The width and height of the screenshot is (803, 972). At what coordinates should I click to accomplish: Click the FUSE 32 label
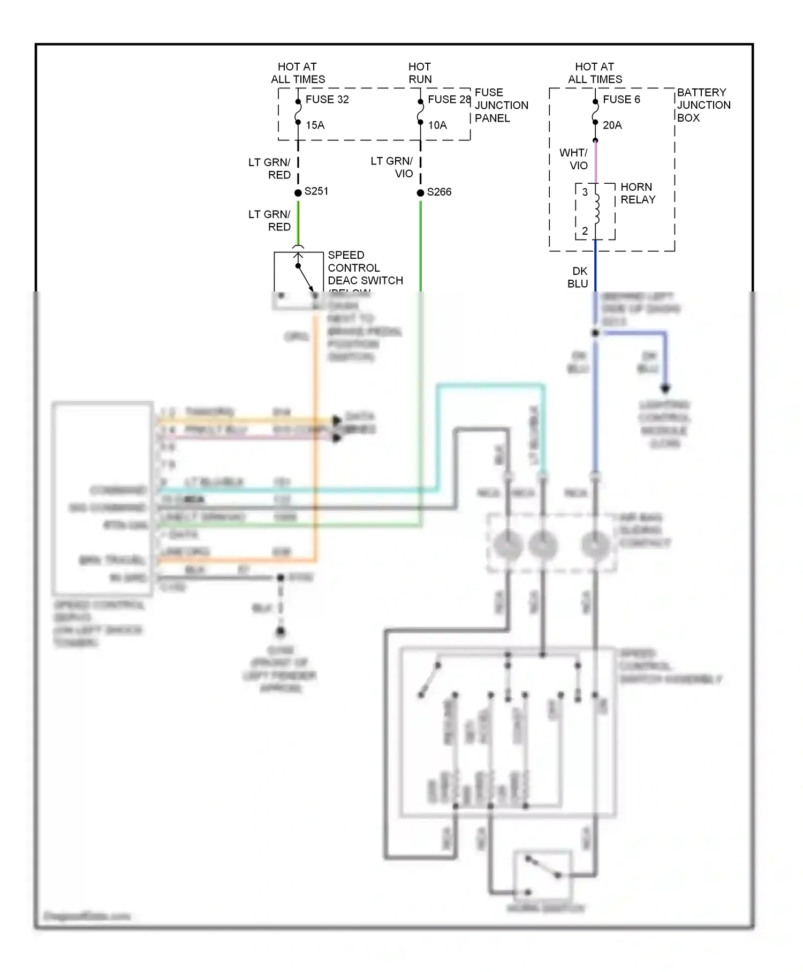coord(327,100)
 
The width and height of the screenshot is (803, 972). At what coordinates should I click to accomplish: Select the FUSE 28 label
coord(449,100)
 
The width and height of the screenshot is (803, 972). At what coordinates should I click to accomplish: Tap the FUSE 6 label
coord(621,100)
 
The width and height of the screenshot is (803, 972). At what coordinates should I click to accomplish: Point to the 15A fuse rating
coord(315,125)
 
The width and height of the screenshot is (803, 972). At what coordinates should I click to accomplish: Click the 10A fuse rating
coord(437,125)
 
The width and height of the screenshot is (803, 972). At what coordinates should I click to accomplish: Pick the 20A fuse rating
coord(612,125)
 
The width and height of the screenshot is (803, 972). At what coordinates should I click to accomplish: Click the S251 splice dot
coord(298,193)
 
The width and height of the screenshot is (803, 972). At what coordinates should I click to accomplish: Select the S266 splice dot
coord(420,193)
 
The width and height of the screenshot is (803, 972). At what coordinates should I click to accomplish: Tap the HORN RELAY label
coord(638,193)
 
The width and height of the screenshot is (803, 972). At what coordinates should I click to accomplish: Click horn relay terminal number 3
coord(585,192)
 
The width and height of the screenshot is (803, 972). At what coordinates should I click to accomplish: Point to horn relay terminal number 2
coord(585,231)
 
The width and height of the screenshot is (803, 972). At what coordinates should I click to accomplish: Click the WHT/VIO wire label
coord(574,159)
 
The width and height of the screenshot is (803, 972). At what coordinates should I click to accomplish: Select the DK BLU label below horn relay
coord(578,278)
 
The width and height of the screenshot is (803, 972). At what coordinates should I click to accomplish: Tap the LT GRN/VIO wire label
coord(392,167)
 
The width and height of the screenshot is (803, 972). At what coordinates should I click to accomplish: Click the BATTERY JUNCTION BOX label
coord(703,105)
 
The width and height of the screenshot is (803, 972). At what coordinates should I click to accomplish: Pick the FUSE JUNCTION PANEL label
coord(501,105)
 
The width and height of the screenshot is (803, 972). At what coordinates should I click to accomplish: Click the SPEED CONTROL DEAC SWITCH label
coord(365,268)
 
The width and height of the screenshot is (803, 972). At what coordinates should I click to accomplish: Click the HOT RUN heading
coord(420,73)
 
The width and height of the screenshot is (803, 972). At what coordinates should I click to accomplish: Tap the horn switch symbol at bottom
coord(543,876)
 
